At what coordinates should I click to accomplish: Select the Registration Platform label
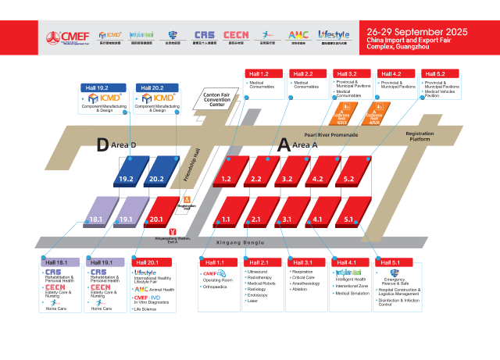point(420,137)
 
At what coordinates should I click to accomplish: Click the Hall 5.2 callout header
point(435,73)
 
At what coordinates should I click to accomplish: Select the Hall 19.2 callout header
point(97,87)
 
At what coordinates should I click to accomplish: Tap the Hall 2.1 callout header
point(260,262)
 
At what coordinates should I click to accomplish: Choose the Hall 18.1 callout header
point(57,262)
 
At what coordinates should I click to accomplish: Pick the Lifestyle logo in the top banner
point(334,36)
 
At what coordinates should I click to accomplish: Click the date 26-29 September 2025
point(417,31)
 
